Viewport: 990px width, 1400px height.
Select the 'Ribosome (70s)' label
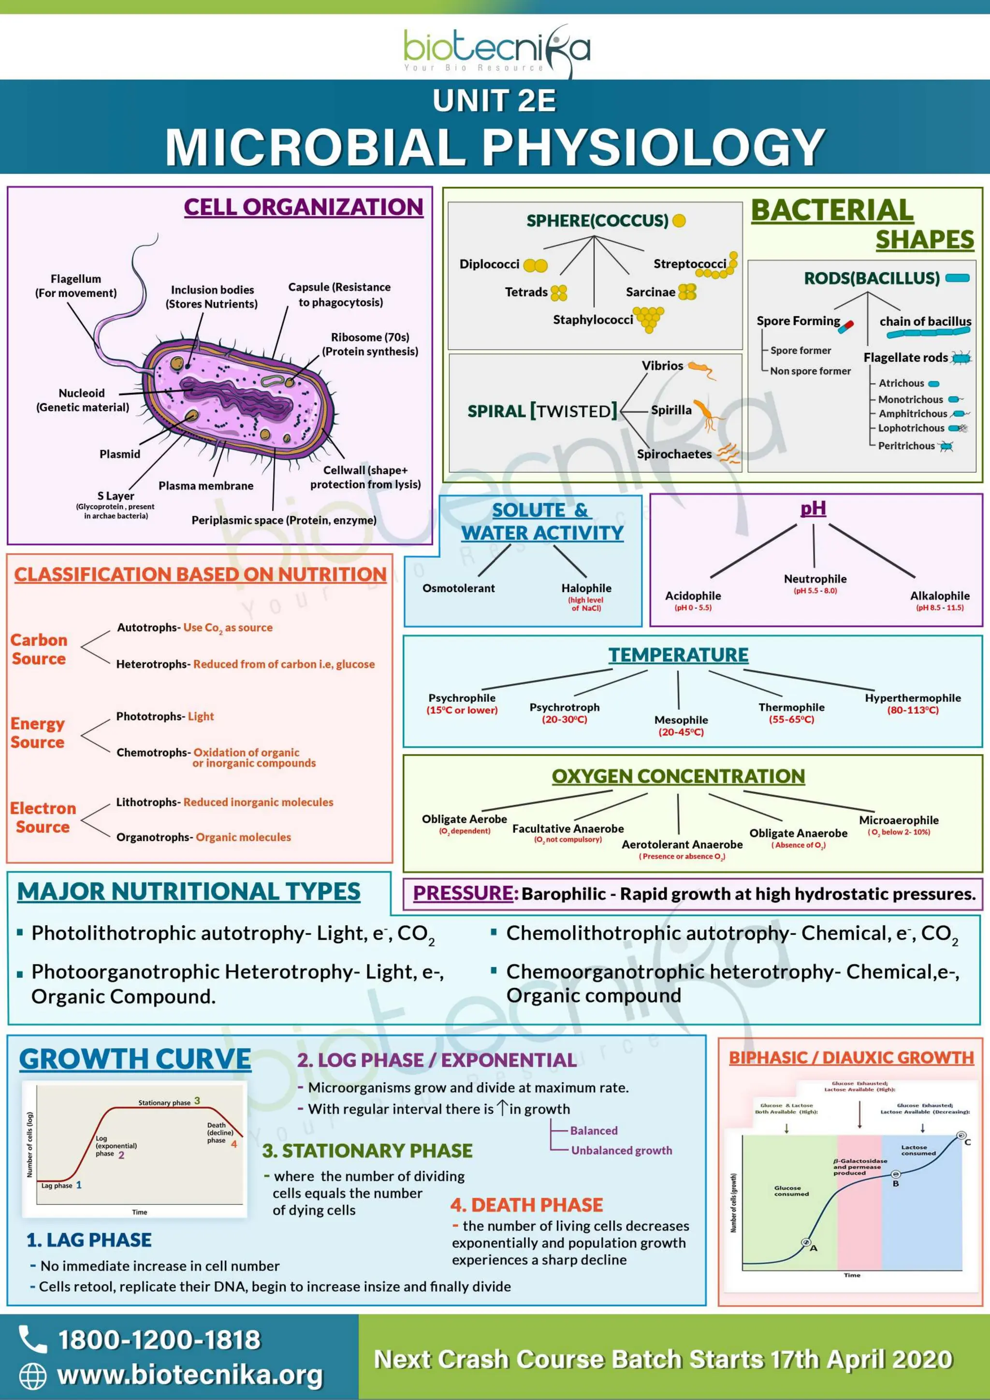pos(370,337)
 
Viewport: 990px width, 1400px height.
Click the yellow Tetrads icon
pos(558,292)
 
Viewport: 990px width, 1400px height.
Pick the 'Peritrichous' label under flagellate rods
pos(906,446)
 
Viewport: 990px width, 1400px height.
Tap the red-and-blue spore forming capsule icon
pos(845,327)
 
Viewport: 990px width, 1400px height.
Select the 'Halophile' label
pos(586,588)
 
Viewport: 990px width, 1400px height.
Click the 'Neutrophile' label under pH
pos(815,579)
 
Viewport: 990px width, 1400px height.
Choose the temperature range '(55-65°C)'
pos(791,719)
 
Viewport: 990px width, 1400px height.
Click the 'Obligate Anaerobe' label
pos(798,833)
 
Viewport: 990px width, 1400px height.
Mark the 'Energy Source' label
pos(38,733)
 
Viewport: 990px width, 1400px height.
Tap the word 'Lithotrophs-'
pos(148,802)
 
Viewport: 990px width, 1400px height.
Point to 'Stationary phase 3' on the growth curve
pos(168,1102)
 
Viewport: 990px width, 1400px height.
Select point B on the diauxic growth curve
pos(896,1174)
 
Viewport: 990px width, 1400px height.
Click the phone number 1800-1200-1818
pos(159,1339)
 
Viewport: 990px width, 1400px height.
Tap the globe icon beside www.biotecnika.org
pos(32,1376)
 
